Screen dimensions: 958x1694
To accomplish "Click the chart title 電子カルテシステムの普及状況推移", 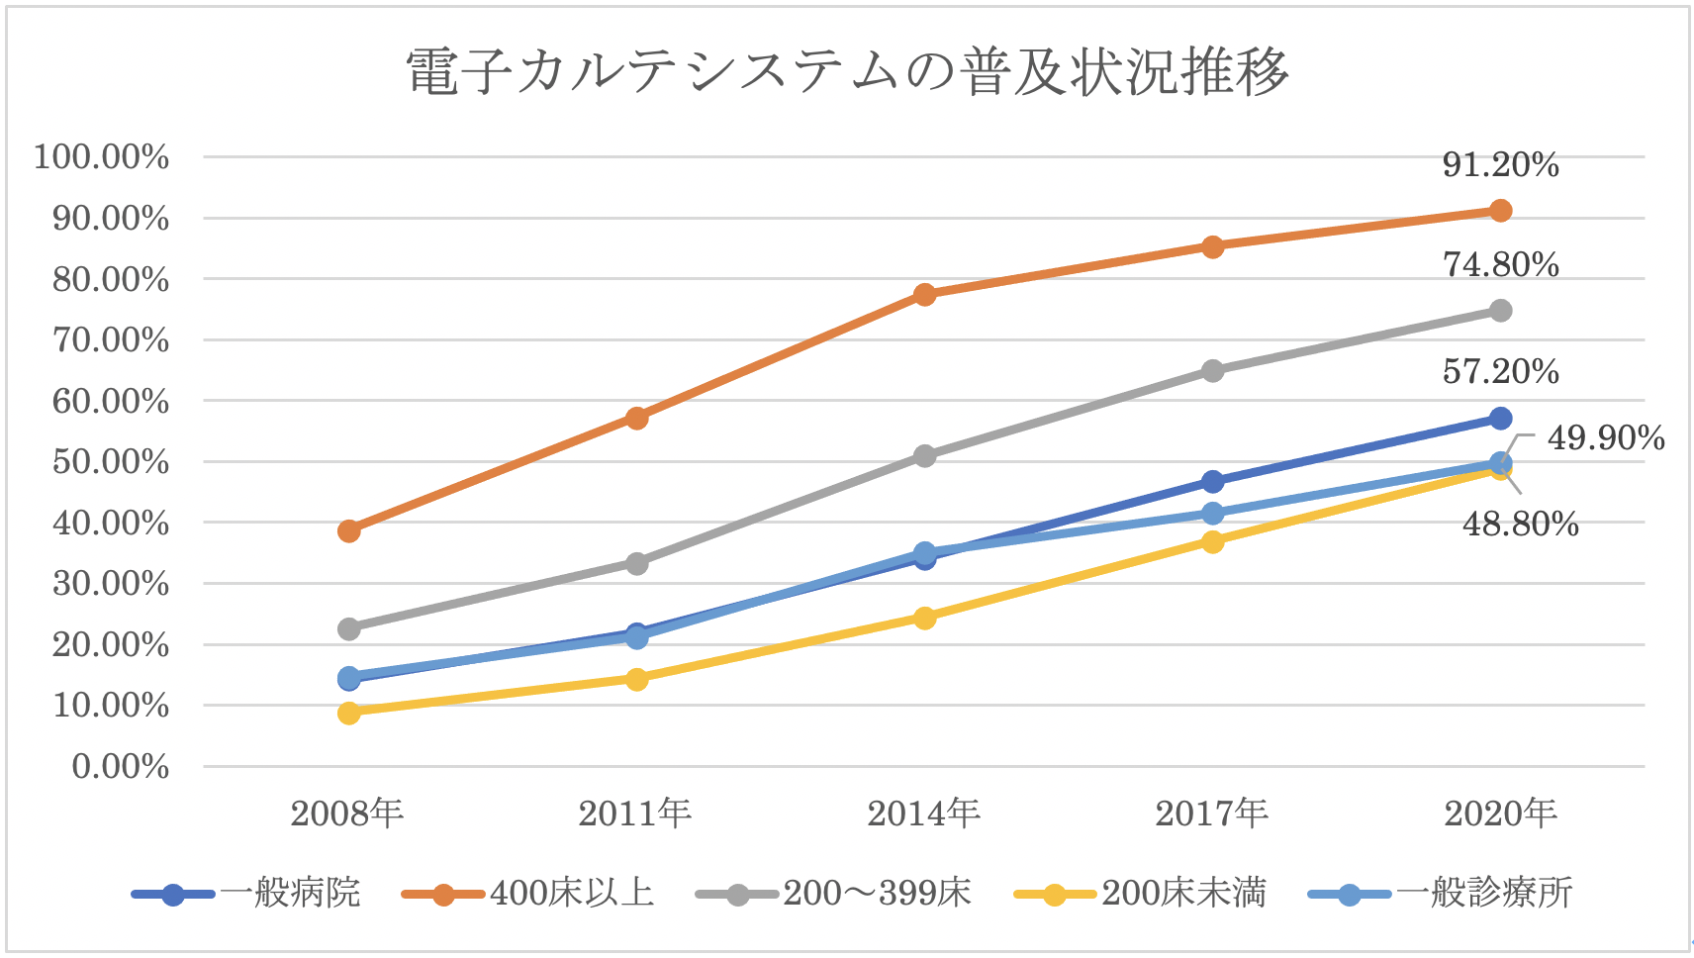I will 847,71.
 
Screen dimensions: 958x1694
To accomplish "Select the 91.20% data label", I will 1500,164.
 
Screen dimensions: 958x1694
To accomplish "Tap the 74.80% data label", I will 1500,264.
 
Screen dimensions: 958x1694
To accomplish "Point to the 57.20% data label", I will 1500,371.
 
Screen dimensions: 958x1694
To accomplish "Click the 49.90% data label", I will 1605,437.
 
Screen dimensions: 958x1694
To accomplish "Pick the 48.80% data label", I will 1520,524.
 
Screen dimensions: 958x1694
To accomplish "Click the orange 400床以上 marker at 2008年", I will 348,531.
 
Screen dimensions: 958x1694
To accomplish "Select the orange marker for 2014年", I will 924,295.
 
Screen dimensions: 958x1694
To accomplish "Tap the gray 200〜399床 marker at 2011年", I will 636,563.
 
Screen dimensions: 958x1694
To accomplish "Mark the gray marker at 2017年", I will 1212,371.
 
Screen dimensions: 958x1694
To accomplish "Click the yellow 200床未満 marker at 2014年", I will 924,619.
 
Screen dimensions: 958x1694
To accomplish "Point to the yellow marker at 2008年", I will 348,713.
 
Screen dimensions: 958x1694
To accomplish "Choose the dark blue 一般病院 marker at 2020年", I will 1500,419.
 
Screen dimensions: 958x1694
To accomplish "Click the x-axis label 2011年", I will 635,814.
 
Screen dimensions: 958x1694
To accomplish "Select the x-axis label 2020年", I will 1500,814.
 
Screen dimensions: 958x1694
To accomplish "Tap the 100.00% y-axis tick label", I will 102,156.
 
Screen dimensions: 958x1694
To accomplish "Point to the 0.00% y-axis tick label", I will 121,766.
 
